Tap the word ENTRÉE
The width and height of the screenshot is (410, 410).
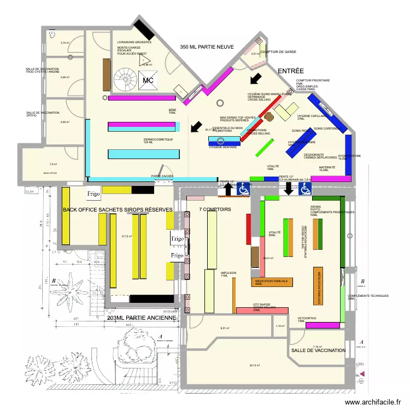(x=291, y=72)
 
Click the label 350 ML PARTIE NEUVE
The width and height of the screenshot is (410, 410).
(x=207, y=48)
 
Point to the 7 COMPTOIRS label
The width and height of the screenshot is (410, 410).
(x=215, y=210)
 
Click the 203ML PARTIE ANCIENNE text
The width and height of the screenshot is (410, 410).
(x=142, y=318)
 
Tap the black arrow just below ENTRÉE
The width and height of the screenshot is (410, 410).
(x=255, y=79)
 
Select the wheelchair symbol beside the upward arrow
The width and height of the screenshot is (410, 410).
(x=243, y=189)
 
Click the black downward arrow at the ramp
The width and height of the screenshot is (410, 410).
(x=289, y=189)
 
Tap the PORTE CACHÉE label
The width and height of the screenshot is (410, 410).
(x=162, y=177)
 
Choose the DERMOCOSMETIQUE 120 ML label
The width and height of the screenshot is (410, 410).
(x=158, y=140)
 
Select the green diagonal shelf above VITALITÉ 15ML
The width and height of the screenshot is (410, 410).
(x=265, y=148)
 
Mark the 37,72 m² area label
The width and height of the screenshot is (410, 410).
(x=127, y=236)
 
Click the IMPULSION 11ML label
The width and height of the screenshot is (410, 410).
(x=228, y=273)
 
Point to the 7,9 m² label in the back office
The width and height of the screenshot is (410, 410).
(x=53, y=164)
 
